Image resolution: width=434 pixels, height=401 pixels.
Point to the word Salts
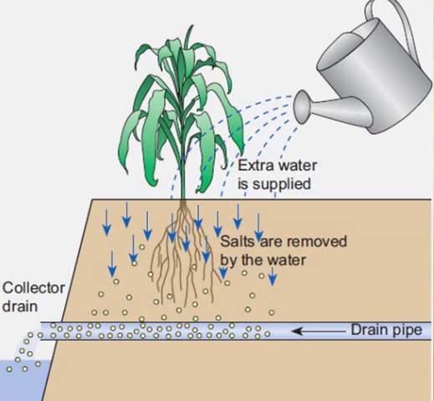[x=237, y=242]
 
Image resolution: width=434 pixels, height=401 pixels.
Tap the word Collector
[x=33, y=288]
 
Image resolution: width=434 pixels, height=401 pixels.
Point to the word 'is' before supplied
[x=245, y=182]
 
